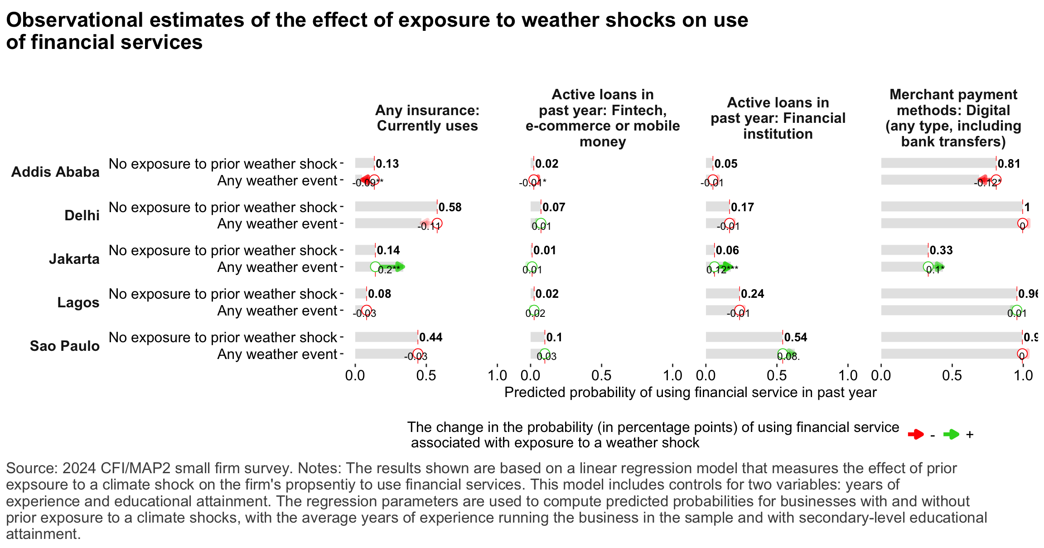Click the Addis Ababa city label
pyautogui.click(x=55, y=172)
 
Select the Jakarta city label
pyautogui.click(x=74, y=259)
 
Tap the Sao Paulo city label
pyautogui.click(x=64, y=346)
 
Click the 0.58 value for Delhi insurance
pyautogui.click(x=450, y=207)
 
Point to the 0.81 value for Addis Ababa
pyautogui.click(x=1009, y=164)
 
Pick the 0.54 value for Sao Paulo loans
pyautogui.click(x=796, y=337)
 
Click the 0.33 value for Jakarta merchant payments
pyautogui.click(x=941, y=250)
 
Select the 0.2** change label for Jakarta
pyautogui.click(x=389, y=270)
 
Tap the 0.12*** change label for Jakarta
pyautogui.click(x=722, y=270)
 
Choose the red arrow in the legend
pyautogui.click(x=915, y=435)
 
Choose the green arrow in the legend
pyautogui.click(x=951, y=435)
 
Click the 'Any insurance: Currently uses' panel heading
pyautogui.click(x=427, y=118)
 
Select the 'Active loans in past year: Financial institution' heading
pyautogui.click(x=778, y=118)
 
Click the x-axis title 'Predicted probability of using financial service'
pyautogui.click(x=690, y=392)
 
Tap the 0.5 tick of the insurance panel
pyautogui.click(x=426, y=375)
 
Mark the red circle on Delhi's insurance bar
pyautogui.click(x=437, y=223)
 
